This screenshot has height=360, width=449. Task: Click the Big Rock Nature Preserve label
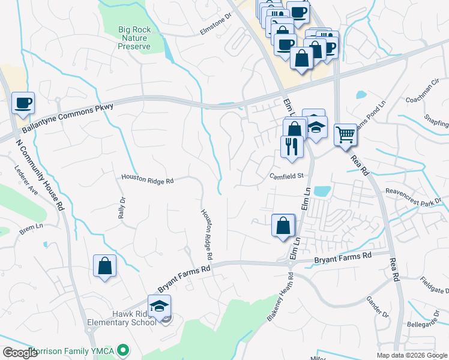pos(134,37)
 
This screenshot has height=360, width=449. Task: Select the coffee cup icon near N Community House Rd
pos(23,103)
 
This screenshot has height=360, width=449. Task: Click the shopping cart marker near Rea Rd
pos(345,134)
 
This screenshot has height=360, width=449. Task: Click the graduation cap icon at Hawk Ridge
pos(159,306)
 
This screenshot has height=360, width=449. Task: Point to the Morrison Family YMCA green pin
pos(124,349)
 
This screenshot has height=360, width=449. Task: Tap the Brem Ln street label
pos(28,229)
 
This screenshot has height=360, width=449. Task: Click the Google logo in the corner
pos(19,353)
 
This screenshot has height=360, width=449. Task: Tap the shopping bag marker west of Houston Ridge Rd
pos(104,266)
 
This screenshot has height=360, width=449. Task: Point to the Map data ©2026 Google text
pos(412,355)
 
